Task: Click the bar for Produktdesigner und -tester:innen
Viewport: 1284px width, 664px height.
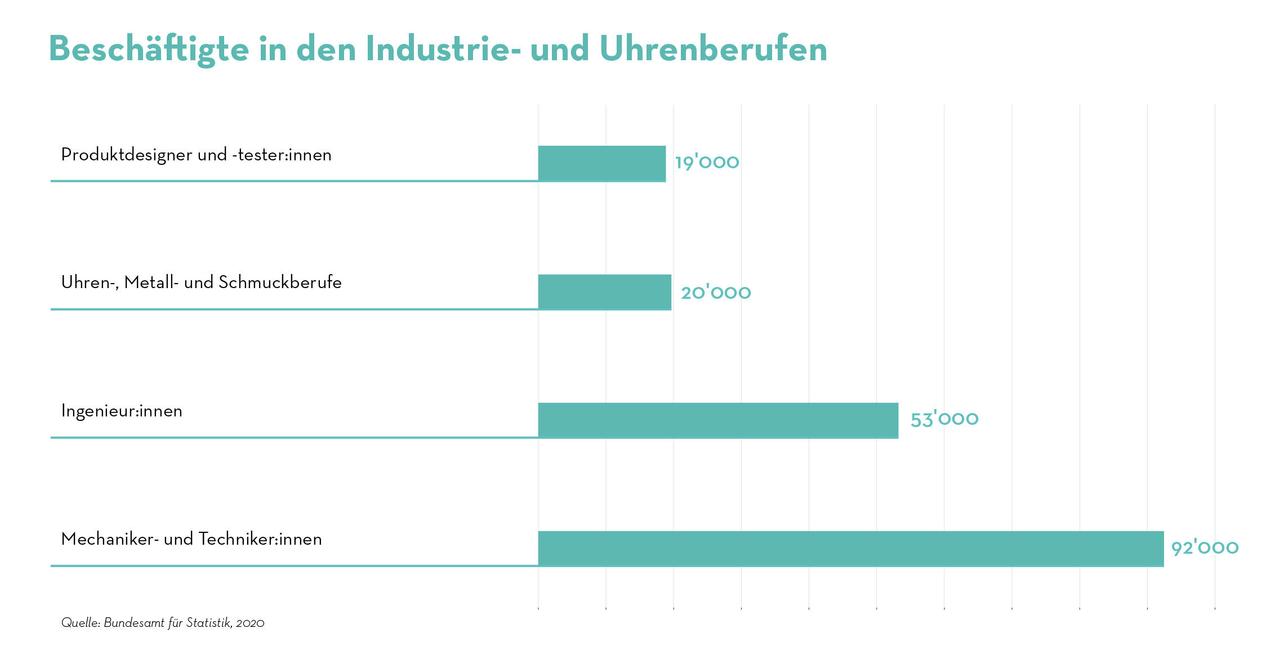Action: (x=601, y=164)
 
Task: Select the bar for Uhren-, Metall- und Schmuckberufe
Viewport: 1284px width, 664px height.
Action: (x=604, y=292)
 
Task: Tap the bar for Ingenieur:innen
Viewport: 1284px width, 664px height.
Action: (x=718, y=420)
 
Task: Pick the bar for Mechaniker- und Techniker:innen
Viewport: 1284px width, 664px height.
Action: (x=850, y=549)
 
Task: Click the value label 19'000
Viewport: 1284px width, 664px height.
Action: (x=707, y=163)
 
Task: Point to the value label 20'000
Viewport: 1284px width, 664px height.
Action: (x=716, y=293)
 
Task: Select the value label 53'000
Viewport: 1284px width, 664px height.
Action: (x=944, y=419)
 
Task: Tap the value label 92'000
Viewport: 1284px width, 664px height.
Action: (x=1205, y=548)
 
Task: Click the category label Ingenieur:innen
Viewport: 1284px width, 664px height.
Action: (x=122, y=411)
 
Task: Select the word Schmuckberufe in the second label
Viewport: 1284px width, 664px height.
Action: (x=280, y=282)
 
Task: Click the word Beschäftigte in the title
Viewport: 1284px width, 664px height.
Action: (x=149, y=50)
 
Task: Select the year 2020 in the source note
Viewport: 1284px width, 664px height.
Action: (x=250, y=623)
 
